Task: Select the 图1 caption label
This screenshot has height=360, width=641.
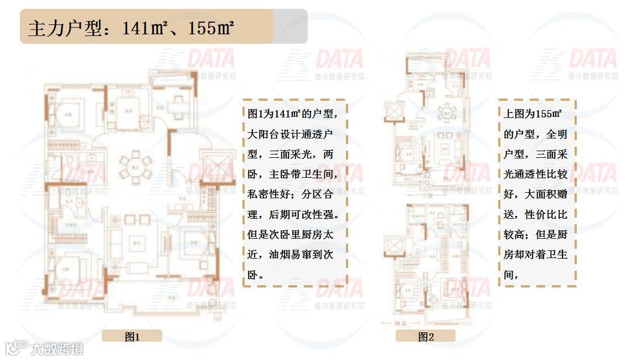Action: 132,336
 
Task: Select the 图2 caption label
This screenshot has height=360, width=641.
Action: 425,336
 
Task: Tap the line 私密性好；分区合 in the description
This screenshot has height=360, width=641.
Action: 290,194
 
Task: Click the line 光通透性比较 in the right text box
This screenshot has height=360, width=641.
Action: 535,174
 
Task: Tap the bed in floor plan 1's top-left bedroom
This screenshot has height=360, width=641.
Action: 68,114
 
